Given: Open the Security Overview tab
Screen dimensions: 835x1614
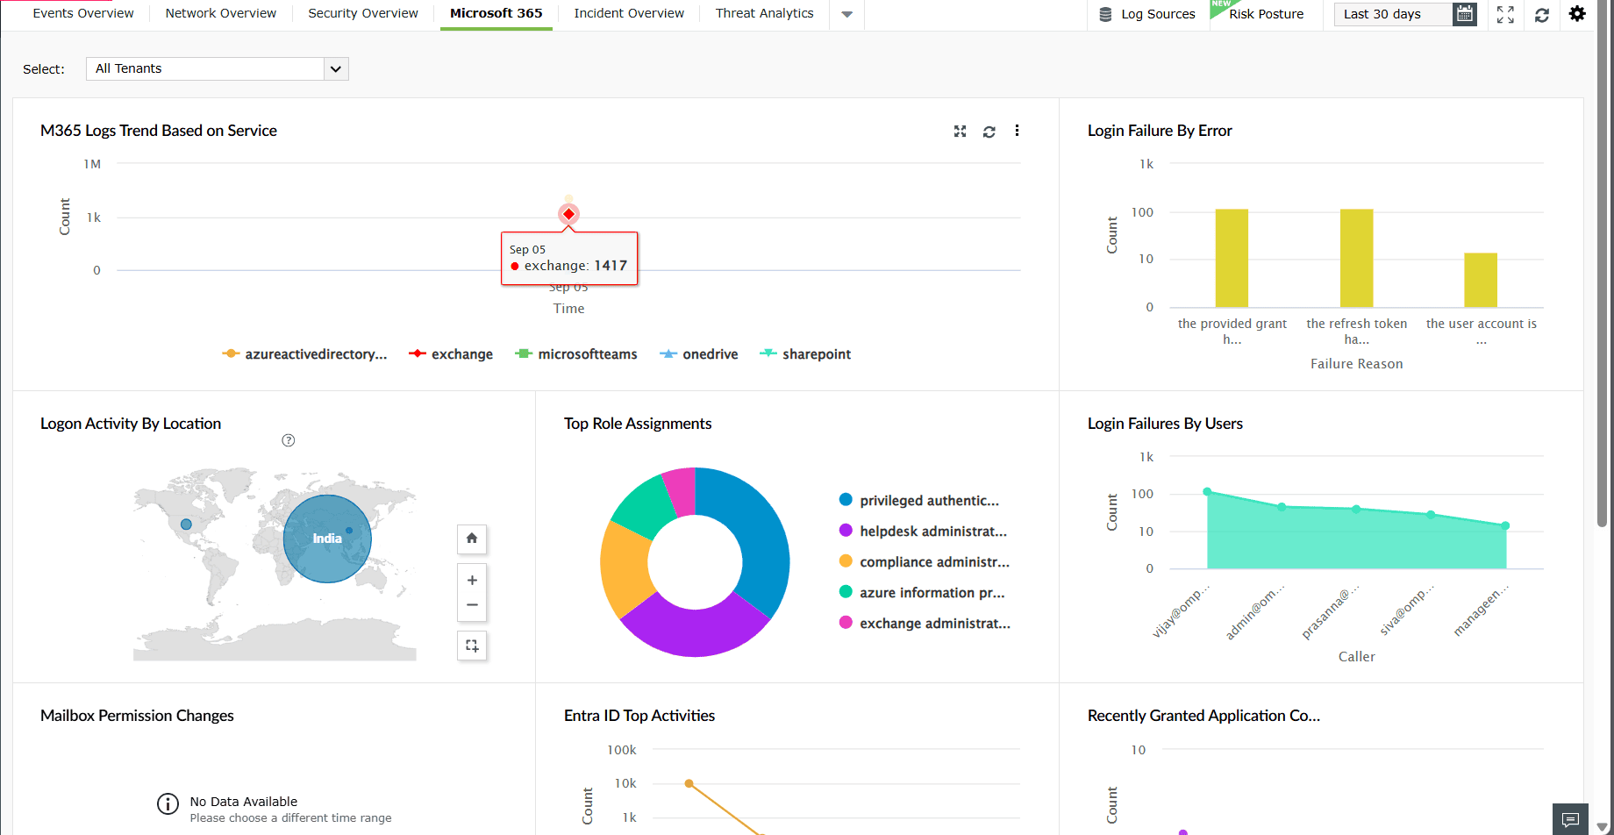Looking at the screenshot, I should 363,13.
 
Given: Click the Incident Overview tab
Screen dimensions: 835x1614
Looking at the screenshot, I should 629,13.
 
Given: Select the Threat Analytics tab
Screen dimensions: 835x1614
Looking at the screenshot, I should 764,13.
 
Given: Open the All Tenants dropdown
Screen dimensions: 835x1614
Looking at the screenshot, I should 217,68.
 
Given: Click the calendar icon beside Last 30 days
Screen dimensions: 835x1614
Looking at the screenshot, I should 1464,14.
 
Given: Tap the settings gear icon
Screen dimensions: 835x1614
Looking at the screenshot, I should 1577,14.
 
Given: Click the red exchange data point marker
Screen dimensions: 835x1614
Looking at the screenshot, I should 568,214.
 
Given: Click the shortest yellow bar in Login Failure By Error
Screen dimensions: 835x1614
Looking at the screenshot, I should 1481,280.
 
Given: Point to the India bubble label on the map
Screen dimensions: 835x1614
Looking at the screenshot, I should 327,539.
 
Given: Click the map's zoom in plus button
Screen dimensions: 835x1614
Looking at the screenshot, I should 472,580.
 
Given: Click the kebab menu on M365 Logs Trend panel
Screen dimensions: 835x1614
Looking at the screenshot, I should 1017,131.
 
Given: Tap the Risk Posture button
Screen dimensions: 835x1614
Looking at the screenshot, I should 1265,14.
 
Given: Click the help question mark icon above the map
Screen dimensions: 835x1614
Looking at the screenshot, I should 289,440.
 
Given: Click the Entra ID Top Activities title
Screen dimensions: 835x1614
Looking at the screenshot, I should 639,716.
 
